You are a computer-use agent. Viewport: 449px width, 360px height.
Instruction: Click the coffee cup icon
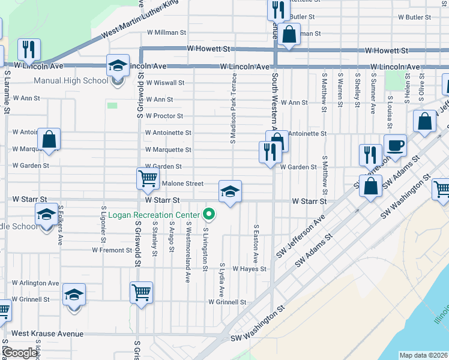395,145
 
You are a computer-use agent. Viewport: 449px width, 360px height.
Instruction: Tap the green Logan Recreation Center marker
209,214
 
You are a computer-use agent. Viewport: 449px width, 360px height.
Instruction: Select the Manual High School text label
71,80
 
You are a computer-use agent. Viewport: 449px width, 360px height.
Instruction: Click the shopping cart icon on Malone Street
147,178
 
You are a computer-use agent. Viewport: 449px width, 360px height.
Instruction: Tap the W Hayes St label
249,269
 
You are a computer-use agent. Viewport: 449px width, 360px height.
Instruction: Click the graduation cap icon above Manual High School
118,65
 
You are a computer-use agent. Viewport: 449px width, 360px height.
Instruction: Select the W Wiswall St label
165,82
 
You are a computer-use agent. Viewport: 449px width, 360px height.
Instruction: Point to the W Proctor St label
164,116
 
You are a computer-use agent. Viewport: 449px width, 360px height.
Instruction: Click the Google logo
20,353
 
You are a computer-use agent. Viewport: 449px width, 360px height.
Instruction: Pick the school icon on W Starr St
230,191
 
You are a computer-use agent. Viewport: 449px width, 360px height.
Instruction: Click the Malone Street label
183,184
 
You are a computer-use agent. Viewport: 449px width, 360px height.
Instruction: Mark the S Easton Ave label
256,244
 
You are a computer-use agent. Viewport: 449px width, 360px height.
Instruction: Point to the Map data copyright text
424,355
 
